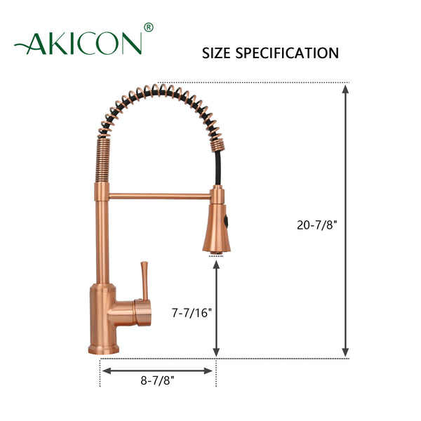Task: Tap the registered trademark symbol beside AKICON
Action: pyautogui.click(x=148, y=28)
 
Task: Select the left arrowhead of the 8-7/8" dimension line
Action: pyautogui.click(x=106, y=370)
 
